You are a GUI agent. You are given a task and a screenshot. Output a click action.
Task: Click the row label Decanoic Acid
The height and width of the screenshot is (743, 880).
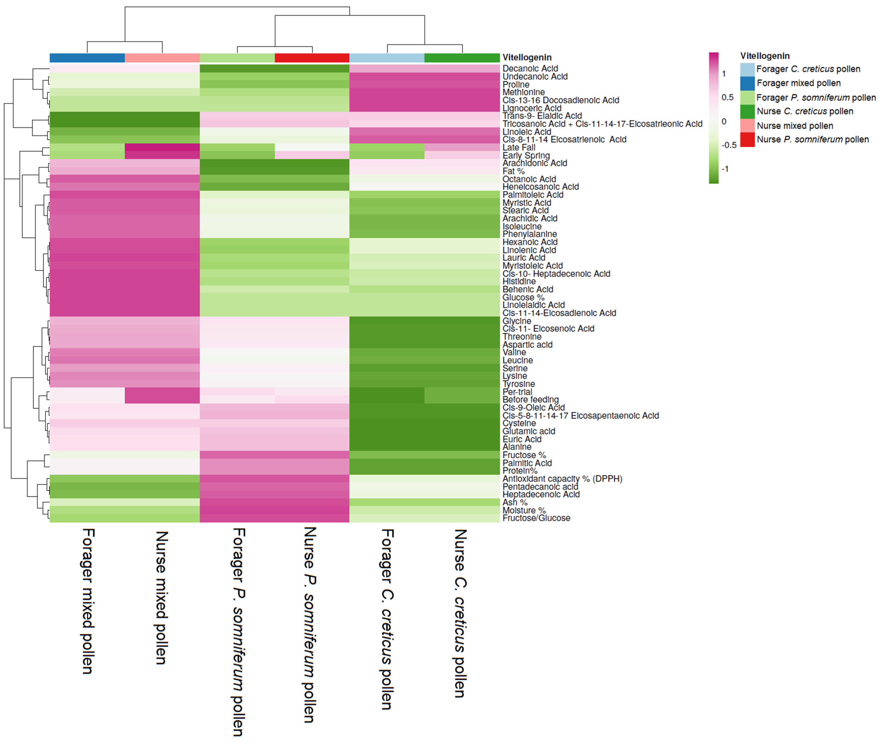pos(530,68)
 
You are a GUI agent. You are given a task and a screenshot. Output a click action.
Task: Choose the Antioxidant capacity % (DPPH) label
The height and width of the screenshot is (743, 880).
pos(562,478)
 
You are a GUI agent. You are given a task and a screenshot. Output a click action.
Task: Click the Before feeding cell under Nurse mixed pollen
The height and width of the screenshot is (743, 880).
pos(162,399)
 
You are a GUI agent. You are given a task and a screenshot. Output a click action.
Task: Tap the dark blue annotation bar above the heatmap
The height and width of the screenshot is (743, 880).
pos(87,58)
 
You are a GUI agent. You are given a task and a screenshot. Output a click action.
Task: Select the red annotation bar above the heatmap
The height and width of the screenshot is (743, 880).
pos(312,58)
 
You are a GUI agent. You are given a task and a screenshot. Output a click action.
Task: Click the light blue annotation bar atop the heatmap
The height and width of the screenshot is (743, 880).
pos(387,58)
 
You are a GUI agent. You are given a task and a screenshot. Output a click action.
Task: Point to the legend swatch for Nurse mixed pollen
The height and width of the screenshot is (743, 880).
pos(747,126)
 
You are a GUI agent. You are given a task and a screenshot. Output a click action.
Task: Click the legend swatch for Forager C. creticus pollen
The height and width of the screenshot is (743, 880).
pos(747,69)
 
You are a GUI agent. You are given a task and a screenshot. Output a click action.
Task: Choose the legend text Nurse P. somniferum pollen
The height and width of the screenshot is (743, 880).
pos(813,139)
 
